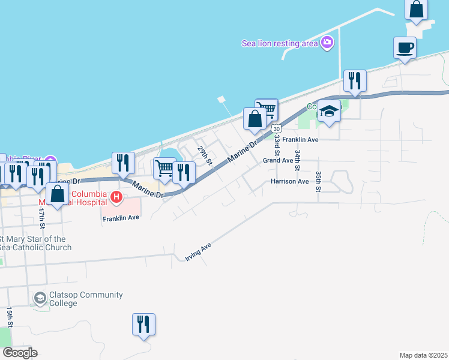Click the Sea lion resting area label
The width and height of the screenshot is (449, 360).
[x=280, y=43]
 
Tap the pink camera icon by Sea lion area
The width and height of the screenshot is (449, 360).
[x=327, y=42]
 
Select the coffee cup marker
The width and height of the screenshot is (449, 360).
[x=405, y=48]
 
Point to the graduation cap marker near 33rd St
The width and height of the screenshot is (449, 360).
[x=329, y=111]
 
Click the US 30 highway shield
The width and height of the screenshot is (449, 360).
[x=276, y=128]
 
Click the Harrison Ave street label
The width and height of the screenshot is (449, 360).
[x=289, y=181]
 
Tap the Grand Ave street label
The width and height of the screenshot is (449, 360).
[x=277, y=160]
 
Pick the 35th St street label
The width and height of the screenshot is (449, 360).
[x=319, y=182]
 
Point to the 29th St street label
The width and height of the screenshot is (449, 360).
[x=205, y=155]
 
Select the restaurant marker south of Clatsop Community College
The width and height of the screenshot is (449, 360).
[x=143, y=324]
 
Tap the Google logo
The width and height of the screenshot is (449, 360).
[x=19, y=353]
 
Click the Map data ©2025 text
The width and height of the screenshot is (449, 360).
[x=424, y=355]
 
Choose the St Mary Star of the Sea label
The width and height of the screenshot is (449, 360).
[x=36, y=243]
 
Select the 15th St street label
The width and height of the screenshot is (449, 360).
[x=9, y=318]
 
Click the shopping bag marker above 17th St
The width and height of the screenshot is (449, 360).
[x=57, y=194]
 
